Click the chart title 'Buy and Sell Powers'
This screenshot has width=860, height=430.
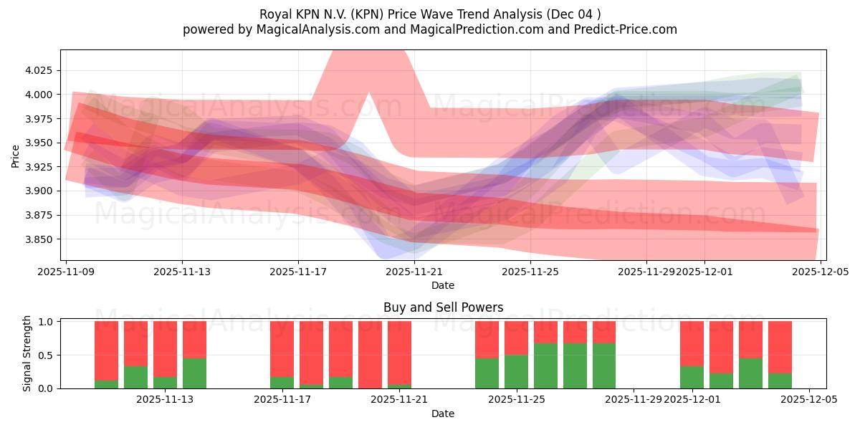443,307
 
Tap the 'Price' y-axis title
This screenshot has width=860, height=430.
16,155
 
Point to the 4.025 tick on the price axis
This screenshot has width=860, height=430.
42,71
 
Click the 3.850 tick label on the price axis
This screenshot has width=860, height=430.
42,239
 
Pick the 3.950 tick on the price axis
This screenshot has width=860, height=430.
42,143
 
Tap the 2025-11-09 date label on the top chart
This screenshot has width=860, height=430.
66,272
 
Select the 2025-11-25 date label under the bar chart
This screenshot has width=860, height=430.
516,400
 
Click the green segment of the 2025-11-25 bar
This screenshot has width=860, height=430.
516,371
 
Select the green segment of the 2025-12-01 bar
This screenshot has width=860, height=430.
692,377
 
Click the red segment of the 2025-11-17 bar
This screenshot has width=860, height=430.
282,348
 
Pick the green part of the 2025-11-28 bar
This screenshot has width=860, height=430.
604,365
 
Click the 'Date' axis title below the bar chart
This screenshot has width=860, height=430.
443,414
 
